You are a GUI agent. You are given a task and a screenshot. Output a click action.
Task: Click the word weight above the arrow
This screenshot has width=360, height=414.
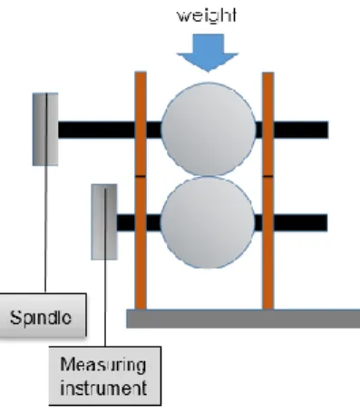pos(207,15)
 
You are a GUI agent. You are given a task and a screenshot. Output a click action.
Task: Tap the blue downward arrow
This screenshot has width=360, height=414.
pos(208,53)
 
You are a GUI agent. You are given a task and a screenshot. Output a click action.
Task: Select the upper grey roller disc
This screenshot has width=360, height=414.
pos(209,129)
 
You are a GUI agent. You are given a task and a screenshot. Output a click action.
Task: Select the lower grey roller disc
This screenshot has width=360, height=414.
pos(208,222)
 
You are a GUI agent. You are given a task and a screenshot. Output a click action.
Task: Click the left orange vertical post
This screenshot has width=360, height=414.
pos(141,191)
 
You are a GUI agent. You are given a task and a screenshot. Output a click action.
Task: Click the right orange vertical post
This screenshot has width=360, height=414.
pos(268,191)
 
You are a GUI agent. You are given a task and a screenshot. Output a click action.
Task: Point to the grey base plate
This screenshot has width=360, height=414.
pos(243,319)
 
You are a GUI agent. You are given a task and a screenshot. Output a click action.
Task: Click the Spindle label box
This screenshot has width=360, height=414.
pos(43,315)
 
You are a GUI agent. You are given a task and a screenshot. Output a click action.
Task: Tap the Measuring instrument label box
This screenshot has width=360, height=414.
pos(105,376)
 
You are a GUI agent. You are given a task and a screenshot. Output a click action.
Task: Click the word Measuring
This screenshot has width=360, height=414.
pos(103,364)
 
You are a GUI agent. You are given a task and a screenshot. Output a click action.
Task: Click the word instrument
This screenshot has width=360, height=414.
pos(103,388)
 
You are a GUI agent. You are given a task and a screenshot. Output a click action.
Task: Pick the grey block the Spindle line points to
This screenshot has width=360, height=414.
pos(45,129)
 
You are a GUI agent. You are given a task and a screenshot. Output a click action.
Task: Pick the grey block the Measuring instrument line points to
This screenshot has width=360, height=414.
pos(104,222)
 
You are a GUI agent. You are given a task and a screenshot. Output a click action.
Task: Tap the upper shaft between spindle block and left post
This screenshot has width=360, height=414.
pos(96,130)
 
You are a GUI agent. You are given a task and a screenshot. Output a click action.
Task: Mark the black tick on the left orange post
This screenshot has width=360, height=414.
pos(141,176)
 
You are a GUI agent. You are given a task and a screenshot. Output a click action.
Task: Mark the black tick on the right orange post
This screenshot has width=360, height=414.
pos(268,176)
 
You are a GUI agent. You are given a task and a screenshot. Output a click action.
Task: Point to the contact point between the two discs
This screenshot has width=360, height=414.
pos(208,176)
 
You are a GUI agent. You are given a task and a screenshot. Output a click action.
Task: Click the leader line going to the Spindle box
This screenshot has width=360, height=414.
pos(46,192)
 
